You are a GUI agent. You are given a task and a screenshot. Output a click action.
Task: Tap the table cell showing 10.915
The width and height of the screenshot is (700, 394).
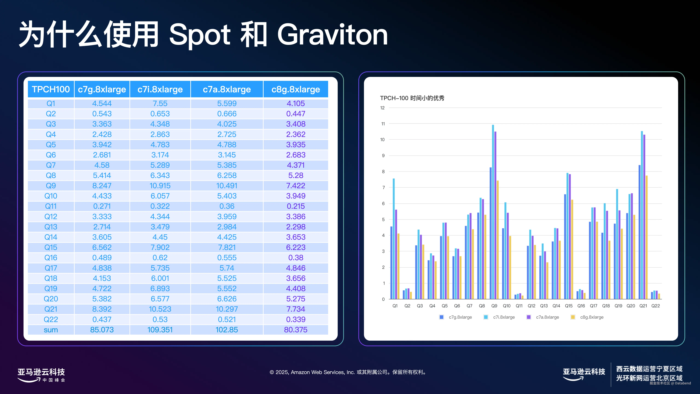tap(160, 186)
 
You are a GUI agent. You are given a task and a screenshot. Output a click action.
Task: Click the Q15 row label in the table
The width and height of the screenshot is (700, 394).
tap(51, 247)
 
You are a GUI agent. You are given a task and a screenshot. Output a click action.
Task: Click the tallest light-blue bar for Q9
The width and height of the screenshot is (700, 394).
tap(493, 212)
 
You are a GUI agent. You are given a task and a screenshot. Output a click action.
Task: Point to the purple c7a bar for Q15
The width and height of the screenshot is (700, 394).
tap(570, 237)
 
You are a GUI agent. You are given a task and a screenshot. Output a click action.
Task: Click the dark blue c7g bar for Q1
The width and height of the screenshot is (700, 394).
tap(391, 263)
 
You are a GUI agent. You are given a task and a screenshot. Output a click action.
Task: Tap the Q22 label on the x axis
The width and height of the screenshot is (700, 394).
tap(655, 306)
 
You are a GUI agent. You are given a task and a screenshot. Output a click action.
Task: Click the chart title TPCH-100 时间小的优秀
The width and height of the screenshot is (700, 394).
tap(412, 98)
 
